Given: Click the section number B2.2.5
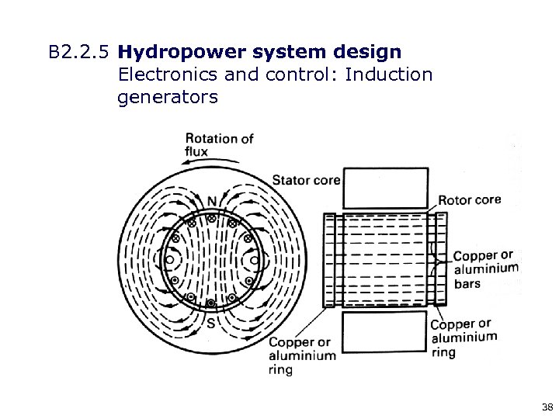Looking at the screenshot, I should point(80,53).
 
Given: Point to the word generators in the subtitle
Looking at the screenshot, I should point(167,98).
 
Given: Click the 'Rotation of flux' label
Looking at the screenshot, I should point(219,144).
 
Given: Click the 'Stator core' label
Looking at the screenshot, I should point(306,181).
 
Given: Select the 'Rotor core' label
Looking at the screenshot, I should point(470,199).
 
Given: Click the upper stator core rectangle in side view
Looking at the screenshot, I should point(385,188).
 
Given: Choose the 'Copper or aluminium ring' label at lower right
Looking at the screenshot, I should point(464,338).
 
